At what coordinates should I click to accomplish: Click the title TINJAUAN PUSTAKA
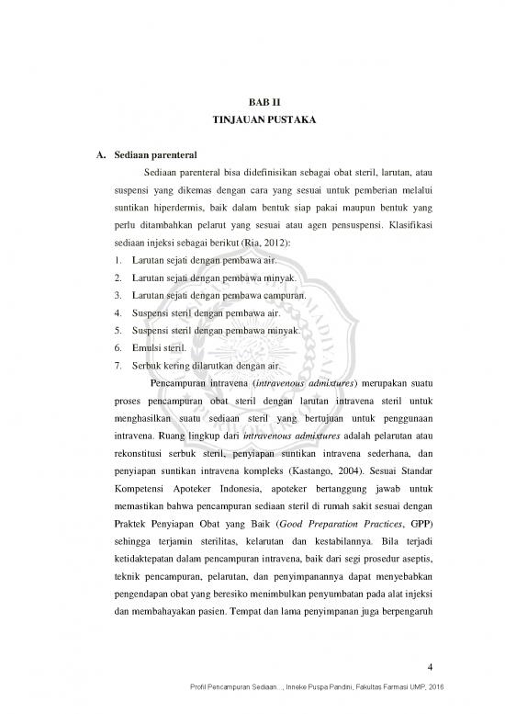coord(252,121)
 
